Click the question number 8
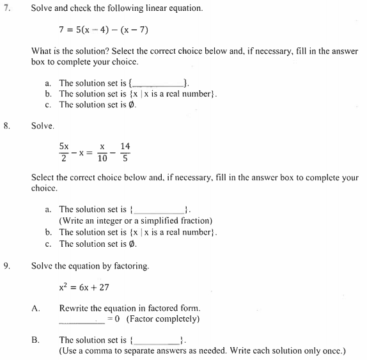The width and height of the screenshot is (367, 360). tap(7, 127)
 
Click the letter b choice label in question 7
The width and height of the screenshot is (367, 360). tap(48, 94)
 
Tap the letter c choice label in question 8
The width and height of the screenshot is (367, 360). tap(48, 244)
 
